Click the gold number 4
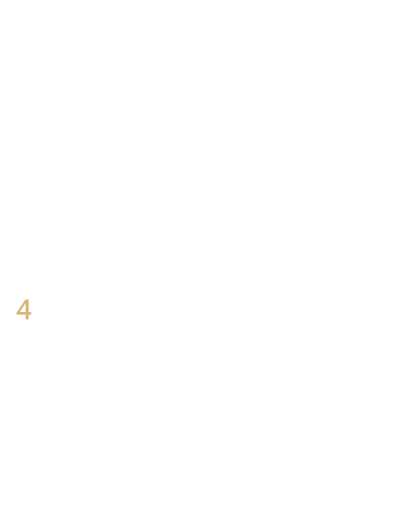click(x=24, y=309)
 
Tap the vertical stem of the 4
click(x=26, y=309)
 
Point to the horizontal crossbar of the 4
click(x=24, y=313)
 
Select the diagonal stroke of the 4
click(x=21, y=306)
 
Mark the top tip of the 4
click(x=26, y=299)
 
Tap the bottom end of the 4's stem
click(x=26, y=319)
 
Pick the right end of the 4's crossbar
click(x=31, y=313)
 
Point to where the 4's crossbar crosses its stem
click(x=26, y=313)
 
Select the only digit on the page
click(x=24, y=309)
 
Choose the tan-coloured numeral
click(x=24, y=309)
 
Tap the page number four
click(x=24, y=309)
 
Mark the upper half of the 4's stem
click(x=26, y=304)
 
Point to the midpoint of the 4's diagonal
click(x=21, y=306)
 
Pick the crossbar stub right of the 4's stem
click(x=30, y=313)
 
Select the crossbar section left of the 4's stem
click(x=21, y=313)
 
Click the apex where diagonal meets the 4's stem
click(x=25, y=300)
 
